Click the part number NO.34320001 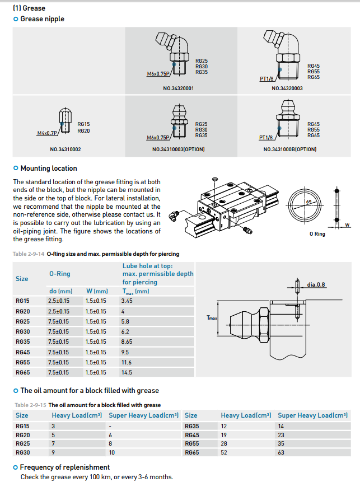179,88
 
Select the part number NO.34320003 287,88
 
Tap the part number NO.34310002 66,149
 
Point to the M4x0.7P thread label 47,133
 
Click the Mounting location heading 49,168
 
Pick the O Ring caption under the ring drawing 317,234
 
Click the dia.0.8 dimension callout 316,284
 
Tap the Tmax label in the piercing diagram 212,317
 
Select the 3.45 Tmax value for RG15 127,301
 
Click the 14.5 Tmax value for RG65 127,372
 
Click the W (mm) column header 97,291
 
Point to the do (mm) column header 60,291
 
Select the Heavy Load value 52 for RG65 224,452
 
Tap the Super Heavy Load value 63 281,452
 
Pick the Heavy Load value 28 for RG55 224,443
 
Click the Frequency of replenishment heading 65,467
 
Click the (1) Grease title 29,8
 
